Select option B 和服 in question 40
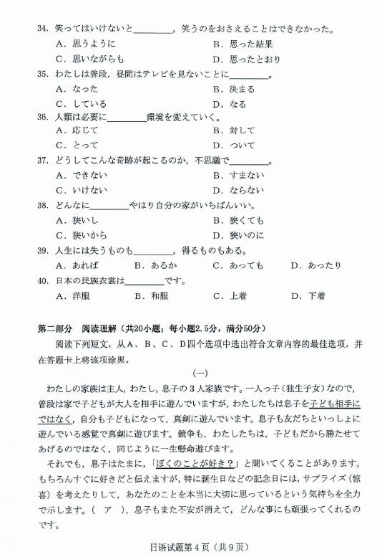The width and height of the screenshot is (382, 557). pyautogui.click(x=151, y=295)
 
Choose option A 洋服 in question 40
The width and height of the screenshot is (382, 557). pyautogui.click(x=72, y=295)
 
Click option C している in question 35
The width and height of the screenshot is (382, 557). pyautogui.click(x=80, y=103)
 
